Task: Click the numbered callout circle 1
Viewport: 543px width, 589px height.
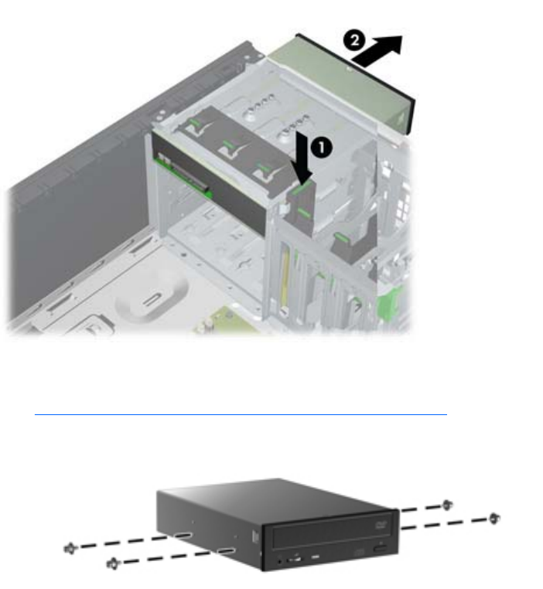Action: click(322, 147)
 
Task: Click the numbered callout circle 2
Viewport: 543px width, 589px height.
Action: click(354, 40)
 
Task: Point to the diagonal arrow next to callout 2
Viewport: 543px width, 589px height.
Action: click(377, 51)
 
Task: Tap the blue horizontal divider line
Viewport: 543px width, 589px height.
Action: click(241, 414)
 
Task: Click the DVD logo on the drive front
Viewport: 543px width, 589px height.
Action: click(381, 525)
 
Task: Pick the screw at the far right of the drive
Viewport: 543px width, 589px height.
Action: click(493, 519)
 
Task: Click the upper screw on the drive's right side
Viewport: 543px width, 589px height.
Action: click(447, 506)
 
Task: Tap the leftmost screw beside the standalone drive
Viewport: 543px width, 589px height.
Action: click(70, 549)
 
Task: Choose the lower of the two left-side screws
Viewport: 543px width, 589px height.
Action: click(113, 563)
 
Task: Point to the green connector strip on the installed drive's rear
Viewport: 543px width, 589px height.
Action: click(185, 176)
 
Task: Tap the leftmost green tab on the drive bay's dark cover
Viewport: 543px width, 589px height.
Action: click(195, 122)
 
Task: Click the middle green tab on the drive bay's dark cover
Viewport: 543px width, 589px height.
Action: click(228, 145)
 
